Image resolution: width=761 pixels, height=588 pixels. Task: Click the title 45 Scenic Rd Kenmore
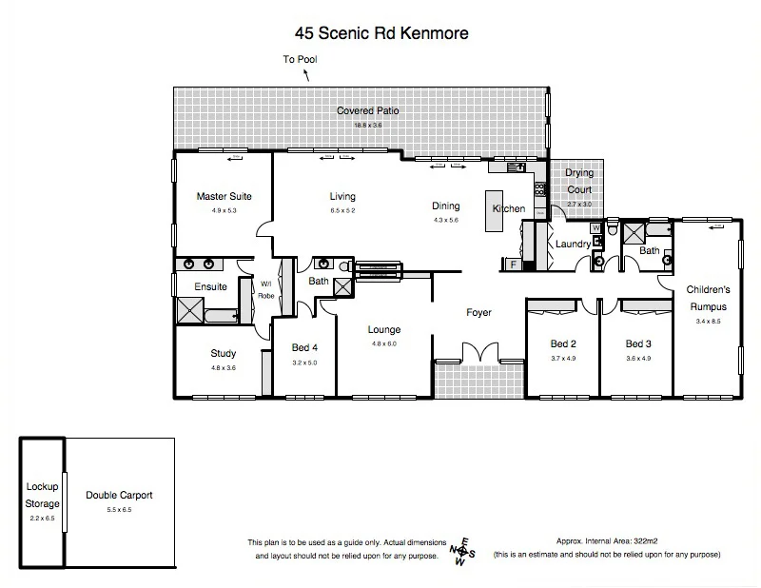pyautogui.click(x=381, y=33)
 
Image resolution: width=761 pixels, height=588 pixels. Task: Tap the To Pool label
pyautogui.click(x=301, y=60)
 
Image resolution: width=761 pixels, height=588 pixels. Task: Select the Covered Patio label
pyautogui.click(x=367, y=111)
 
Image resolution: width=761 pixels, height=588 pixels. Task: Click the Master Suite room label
pyautogui.click(x=224, y=197)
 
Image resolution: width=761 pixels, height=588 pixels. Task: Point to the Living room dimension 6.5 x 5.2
pyautogui.click(x=341, y=210)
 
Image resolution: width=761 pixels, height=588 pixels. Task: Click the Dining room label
pyautogui.click(x=445, y=206)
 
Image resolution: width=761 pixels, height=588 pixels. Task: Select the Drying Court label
pyautogui.click(x=579, y=182)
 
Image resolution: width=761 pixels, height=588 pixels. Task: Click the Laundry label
pyautogui.click(x=574, y=245)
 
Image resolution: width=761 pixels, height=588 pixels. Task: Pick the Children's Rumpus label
pyautogui.click(x=707, y=298)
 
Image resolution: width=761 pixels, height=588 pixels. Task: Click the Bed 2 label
pyautogui.click(x=562, y=343)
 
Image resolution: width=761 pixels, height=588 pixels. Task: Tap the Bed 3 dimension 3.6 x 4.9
pyautogui.click(x=637, y=359)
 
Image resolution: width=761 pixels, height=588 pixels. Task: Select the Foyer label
pyautogui.click(x=478, y=313)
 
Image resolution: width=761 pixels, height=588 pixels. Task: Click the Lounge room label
pyautogui.click(x=384, y=330)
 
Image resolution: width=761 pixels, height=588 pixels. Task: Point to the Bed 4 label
pyautogui.click(x=304, y=348)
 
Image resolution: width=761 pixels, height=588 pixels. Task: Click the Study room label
pyautogui.click(x=224, y=354)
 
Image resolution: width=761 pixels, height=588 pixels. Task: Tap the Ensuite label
pyautogui.click(x=210, y=286)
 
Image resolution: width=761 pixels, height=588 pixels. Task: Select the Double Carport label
pyautogui.click(x=119, y=496)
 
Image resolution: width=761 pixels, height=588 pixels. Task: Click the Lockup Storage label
pyautogui.click(x=43, y=495)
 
